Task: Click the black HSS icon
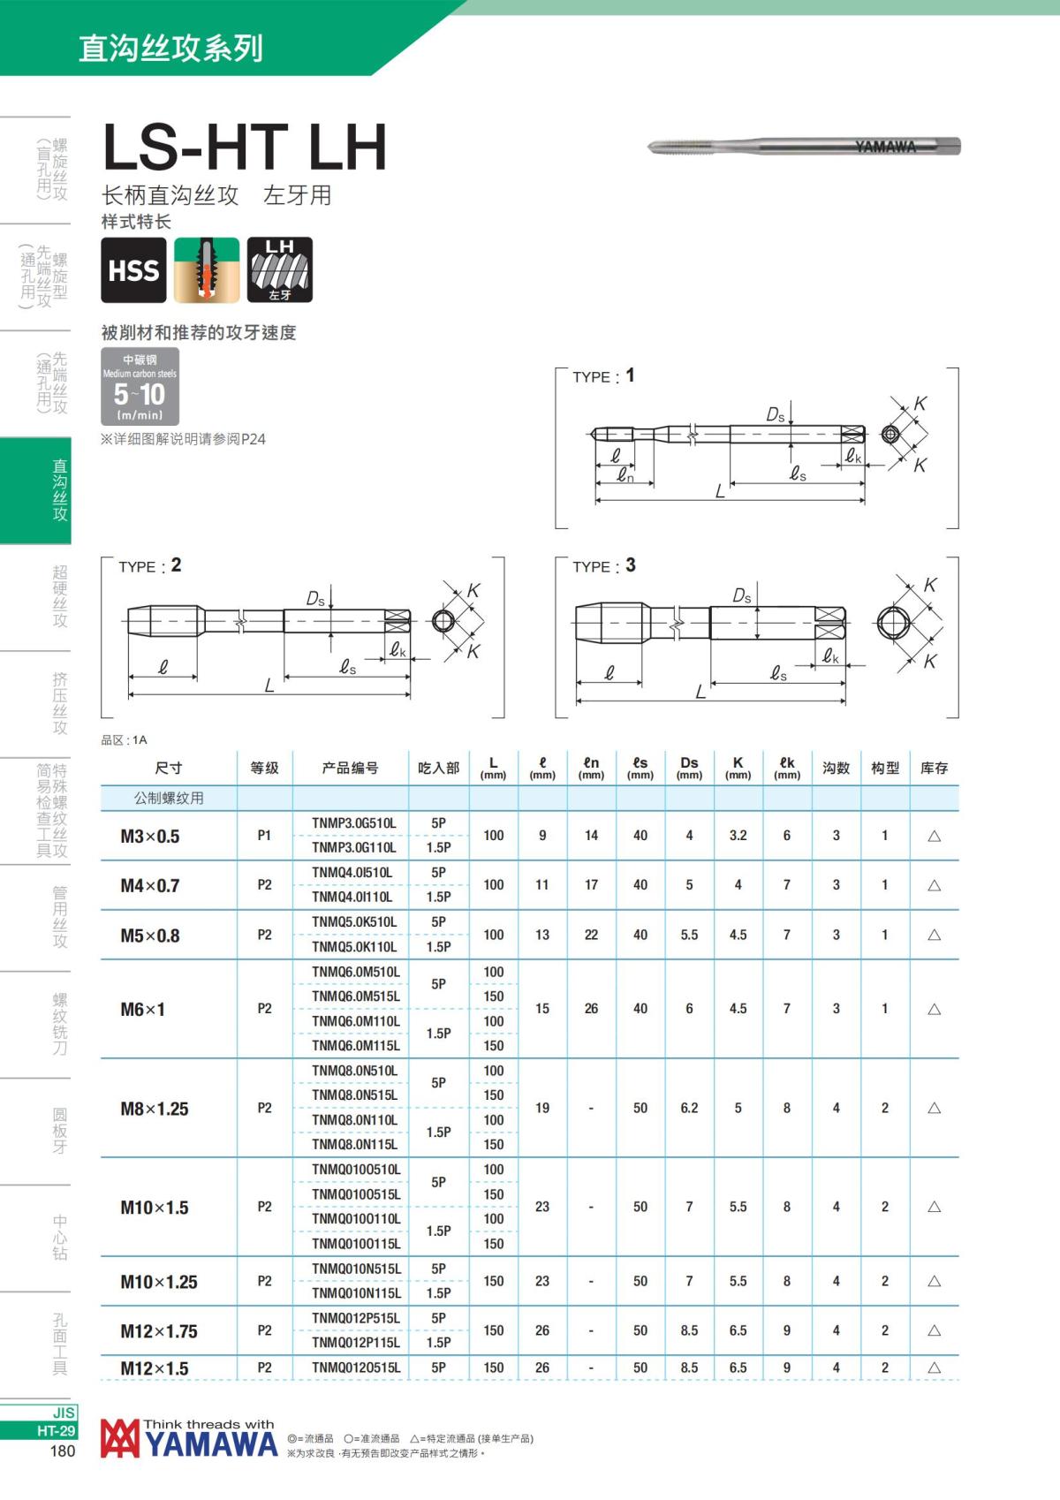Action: (133, 270)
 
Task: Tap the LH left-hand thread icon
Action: (279, 270)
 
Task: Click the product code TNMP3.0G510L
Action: (353, 823)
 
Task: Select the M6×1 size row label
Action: (143, 1009)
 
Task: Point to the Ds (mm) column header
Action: (689, 767)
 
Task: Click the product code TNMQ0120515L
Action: (355, 1367)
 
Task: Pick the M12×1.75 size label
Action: (159, 1330)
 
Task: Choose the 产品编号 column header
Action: (350, 768)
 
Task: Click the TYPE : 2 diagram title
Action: (150, 565)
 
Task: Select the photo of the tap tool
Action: (804, 147)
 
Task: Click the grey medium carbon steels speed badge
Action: (140, 386)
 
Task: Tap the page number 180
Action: (63, 1451)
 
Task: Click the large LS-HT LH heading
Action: (245, 147)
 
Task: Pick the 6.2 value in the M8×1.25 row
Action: (689, 1108)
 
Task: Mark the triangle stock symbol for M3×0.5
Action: (934, 836)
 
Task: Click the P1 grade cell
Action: (264, 836)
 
